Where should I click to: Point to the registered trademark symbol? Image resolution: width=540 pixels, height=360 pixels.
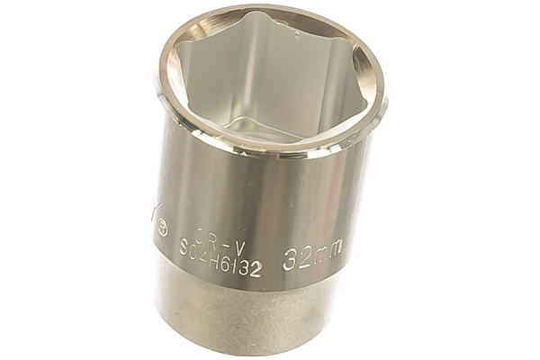[163, 229]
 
